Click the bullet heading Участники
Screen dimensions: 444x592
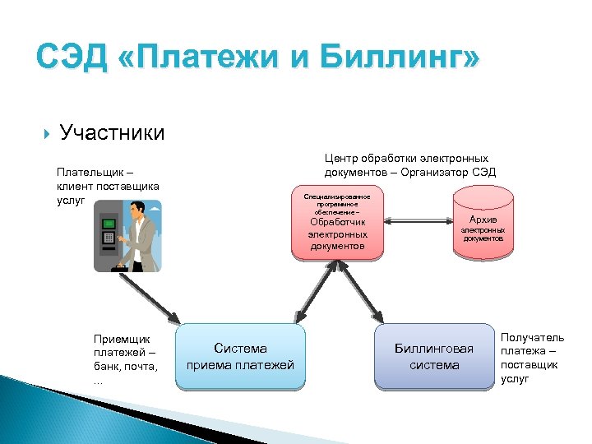[x=112, y=132]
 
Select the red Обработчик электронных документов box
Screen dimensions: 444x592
[x=337, y=226]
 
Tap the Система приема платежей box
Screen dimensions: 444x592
[x=240, y=357]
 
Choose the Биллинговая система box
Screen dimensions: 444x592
[x=434, y=357]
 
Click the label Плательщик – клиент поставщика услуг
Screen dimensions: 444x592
[x=107, y=187]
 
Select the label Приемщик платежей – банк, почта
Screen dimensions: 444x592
[x=125, y=358]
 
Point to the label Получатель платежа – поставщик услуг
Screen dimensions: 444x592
[x=532, y=358]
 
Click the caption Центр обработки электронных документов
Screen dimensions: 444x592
[x=406, y=158]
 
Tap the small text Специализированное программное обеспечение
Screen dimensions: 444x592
[x=337, y=205]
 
